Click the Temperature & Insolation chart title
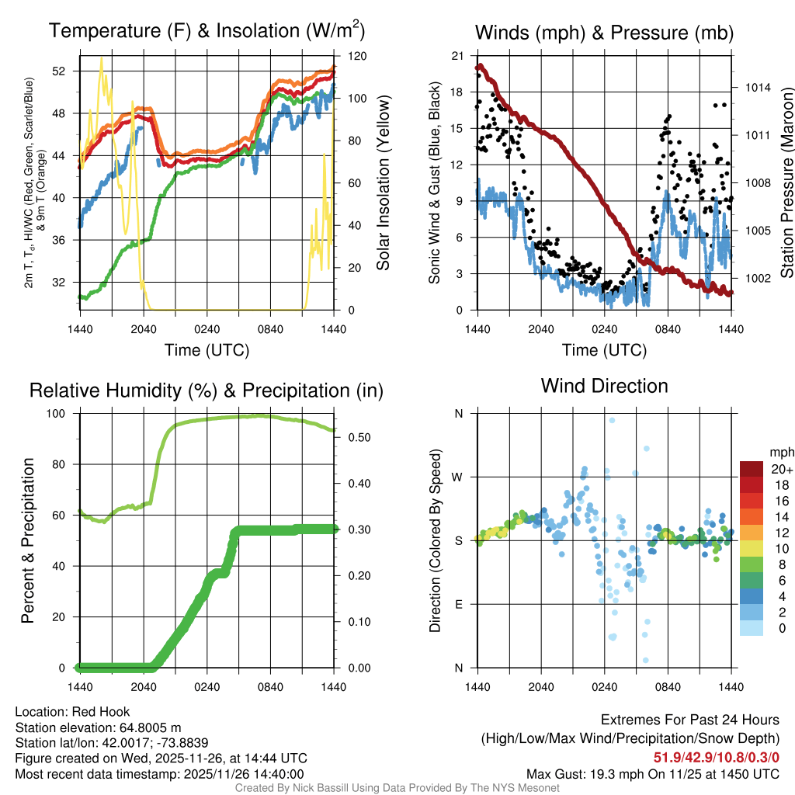(x=207, y=32)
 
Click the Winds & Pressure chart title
(x=604, y=33)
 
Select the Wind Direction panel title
(x=604, y=386)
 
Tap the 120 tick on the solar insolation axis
(x=349, y=57)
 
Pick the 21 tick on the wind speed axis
(x=458, y=56)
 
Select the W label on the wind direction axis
(x=458, y=477)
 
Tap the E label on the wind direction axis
(x=458, y=604)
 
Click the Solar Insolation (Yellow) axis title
(x=383, y=183)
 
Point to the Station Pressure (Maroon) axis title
(x=786, y=183)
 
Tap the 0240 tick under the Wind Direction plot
(x=604, y=687)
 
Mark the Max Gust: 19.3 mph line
(x=653, y=773)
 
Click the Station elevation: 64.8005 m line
(x=98, y=727)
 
